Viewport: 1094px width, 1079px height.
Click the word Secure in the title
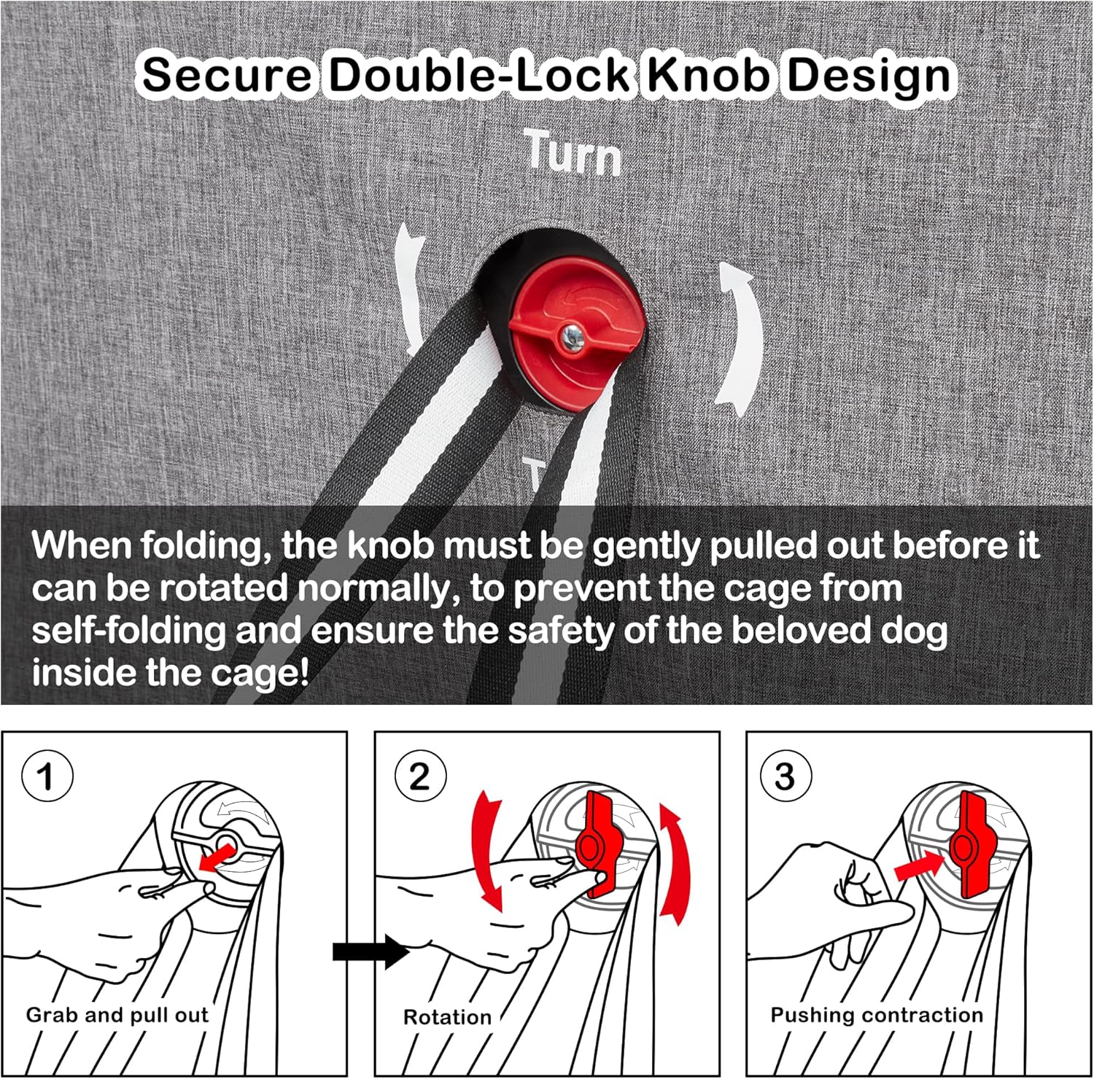227,74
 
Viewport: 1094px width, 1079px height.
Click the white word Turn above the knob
574,153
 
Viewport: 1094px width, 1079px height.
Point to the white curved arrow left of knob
410,288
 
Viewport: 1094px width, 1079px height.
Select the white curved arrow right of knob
739,340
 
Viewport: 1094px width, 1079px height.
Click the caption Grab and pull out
117,1016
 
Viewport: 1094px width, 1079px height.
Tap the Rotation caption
447,1017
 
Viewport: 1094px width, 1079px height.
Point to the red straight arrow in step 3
919,864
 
